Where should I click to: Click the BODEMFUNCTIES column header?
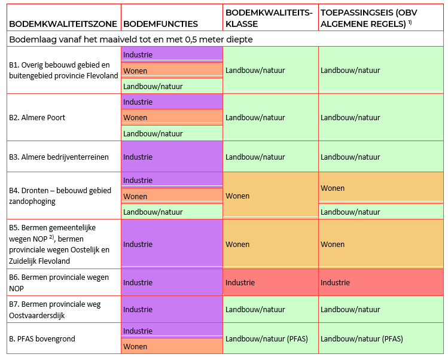tap(160, 24)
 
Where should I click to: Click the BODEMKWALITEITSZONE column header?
tap(62, 24)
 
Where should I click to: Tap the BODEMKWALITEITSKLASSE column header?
tap(269, 18)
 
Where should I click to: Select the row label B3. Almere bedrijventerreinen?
tap(59, 157)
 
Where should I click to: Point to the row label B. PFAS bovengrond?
tap(42, 338)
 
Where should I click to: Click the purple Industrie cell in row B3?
tap(172, 157)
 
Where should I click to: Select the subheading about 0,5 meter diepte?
tap(130, 39)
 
